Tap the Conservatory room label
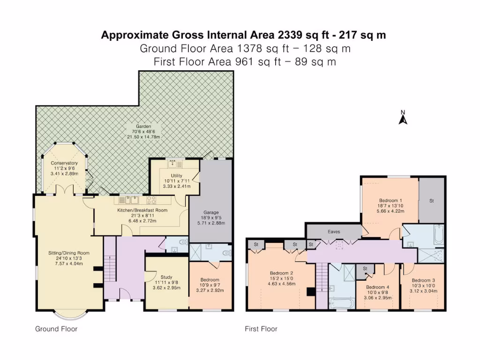[x=64, y=163]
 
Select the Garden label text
[x=143, y=126]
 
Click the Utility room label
[x=177, y=176]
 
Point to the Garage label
[x=211, y=212]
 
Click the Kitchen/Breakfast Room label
[x=142, y=210]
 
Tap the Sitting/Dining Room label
[x=69, y=253]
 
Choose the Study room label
[x=166, y=277]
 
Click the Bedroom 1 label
[x=390, y=201]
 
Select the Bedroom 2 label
[x=282, y=273]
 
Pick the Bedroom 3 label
[x=423, y=280]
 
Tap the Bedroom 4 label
[x=378, y=287]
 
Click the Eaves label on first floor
[x=334, y=232]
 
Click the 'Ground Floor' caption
[x=56, y=329]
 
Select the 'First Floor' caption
[x=261, y=329]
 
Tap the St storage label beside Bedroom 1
[x=432, y=201]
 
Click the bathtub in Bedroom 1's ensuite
[x=439, y=234]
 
